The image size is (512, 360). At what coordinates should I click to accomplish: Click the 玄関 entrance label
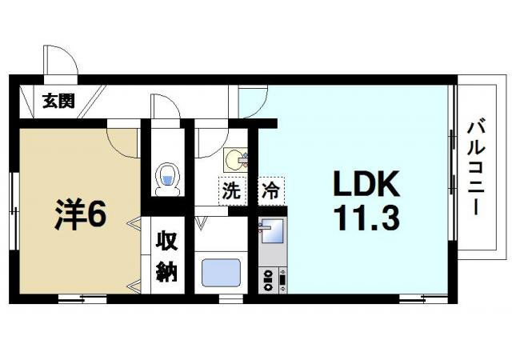pyautogui.click(x=58, y=101)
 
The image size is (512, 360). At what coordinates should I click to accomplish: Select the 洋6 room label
pyautogui.click(x=80, y=214)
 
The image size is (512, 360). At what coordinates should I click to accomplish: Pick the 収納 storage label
pyautogui.click(x=166, y=257)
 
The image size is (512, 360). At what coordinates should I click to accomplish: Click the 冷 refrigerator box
pyautogui.click(x=270, y=192)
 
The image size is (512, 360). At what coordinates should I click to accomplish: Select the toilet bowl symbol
pyautogui.click(x=167, y=178)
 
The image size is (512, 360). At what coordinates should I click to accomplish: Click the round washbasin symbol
pyautogui.click(x=234, y=160)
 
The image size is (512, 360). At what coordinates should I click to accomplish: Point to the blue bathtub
pyautogui.click(x=221, y=272)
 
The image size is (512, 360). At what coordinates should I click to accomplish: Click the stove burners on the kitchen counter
pyautogui.click(x=269, y=279)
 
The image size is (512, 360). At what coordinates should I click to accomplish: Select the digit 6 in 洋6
pyautogui.click(x=96, y=214)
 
